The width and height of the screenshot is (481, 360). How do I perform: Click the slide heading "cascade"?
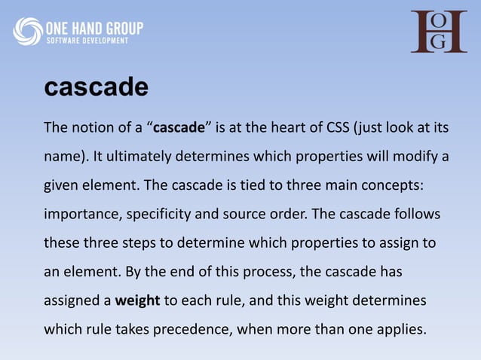pos(96,87)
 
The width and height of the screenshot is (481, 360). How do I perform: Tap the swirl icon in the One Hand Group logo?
pos(28,32)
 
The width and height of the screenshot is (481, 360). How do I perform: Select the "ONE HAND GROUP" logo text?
pos(94,28)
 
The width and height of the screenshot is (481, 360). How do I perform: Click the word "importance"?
pos(78,215)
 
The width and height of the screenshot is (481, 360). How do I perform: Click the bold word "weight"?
pos(137,301)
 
